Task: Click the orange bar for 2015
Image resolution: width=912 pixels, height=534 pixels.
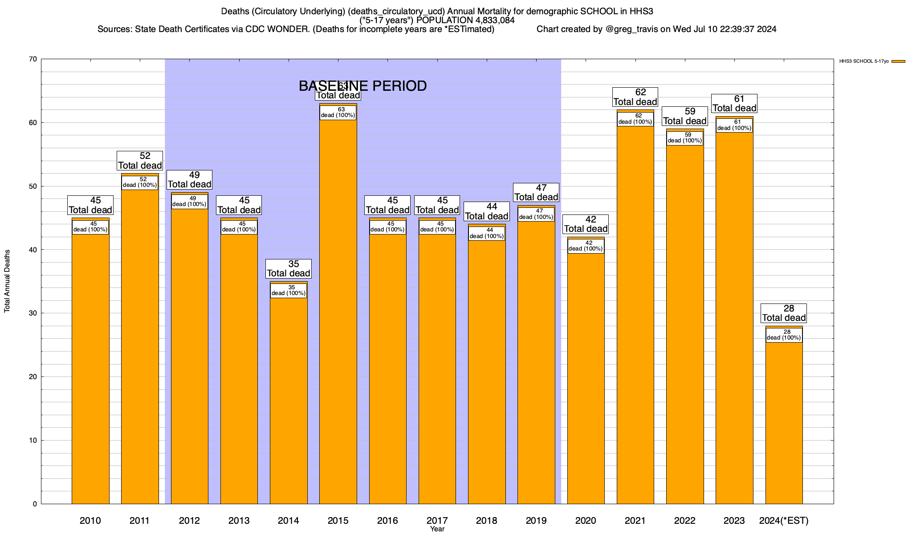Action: (338, 311)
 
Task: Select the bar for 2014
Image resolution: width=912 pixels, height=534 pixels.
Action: (289, 400)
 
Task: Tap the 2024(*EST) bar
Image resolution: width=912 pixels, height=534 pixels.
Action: (784, 423)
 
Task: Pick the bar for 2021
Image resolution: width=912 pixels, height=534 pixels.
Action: (635, 311)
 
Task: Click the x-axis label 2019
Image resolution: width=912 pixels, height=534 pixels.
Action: (536, 520)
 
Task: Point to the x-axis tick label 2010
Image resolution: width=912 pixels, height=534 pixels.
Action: (90, 520)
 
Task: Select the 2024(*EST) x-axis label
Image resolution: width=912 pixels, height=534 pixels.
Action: (784, 520)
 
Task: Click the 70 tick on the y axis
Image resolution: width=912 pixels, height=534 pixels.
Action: (33, 59)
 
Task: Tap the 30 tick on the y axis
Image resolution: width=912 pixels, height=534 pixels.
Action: (33, 313)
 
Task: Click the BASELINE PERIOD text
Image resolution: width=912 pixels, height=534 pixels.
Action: (362, 86)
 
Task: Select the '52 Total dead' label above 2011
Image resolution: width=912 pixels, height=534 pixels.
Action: (140, 161)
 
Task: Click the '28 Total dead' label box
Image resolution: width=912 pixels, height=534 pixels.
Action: (784, 313)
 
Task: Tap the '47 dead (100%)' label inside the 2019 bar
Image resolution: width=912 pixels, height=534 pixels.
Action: (536, 214)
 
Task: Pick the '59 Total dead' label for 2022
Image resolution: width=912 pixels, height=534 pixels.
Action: (685, 116)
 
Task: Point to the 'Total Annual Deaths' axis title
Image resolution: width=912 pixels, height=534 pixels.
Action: (7, 281)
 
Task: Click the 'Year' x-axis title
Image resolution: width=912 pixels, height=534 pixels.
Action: (437, 529)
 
